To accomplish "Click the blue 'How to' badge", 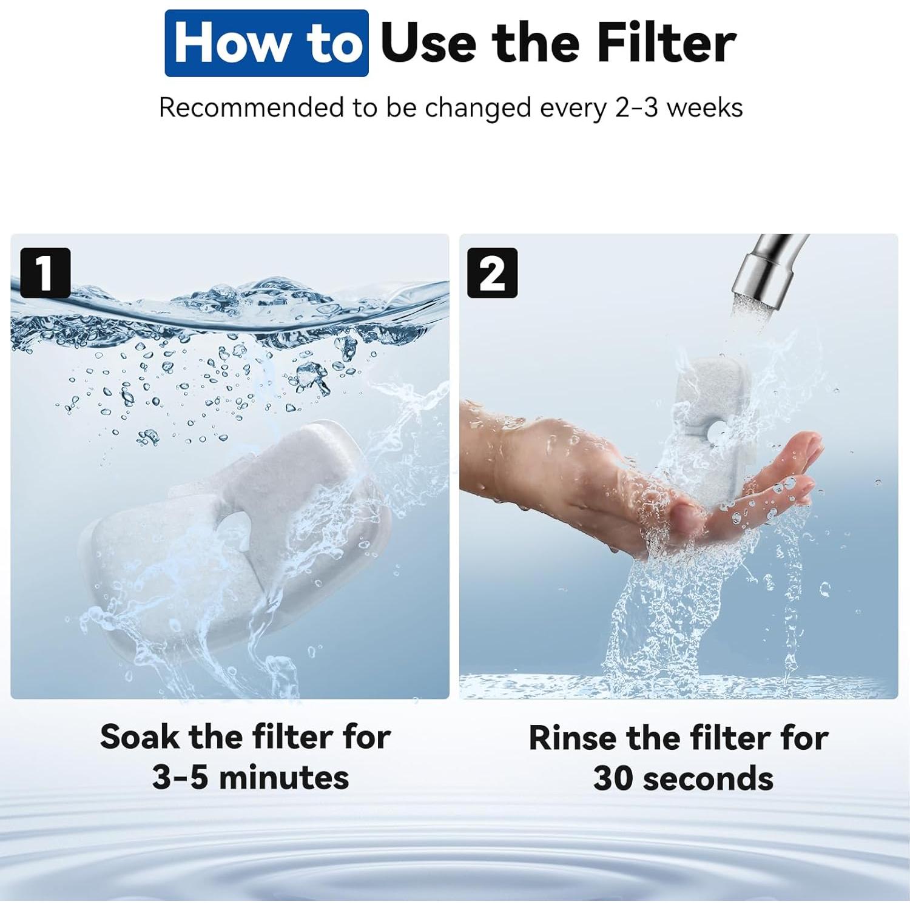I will pos(266,43).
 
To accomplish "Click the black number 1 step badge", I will pos(45,273).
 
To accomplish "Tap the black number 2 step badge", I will pos(492,273).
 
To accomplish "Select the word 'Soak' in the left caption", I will pos(140,737).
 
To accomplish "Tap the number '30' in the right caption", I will pos(613,778).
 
